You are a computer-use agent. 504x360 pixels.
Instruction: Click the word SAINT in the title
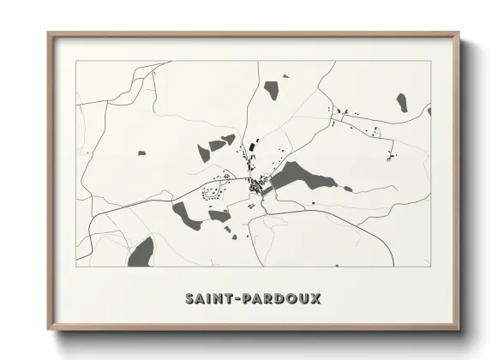[207, 299]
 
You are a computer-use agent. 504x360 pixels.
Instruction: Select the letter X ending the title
[316, 299]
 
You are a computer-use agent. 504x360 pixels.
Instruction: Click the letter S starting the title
[189, 299]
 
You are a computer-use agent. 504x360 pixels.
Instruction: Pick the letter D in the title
[276, 299]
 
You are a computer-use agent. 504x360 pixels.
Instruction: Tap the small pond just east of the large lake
[346, 189]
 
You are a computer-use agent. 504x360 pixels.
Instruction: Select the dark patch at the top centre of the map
[272, 89]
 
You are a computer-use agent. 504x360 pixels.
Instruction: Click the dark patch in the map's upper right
[401, 103]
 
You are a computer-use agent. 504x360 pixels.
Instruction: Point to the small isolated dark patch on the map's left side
[141, 153]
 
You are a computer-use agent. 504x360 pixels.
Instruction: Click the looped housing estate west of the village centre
[213, 190]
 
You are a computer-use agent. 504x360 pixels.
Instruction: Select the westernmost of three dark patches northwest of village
[203, 153]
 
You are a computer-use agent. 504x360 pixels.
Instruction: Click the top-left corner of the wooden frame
[49, 34]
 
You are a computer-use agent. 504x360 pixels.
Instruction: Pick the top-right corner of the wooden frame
[459, 34]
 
